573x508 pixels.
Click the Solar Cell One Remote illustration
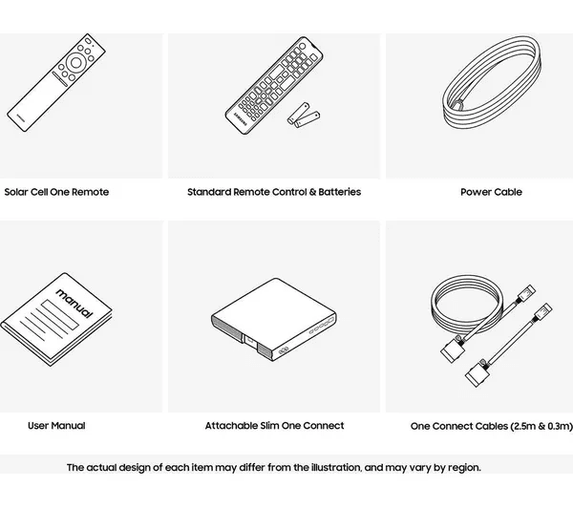(56, 82)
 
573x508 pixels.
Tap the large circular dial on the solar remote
(76, 63)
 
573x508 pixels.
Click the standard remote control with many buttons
(274, 86)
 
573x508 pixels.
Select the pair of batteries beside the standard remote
(304, 115)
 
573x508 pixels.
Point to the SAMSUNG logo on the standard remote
(241, 119)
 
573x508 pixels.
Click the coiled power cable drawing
(492, 81)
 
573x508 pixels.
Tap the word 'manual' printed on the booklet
(74, 303)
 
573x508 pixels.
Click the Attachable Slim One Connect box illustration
(274, 320)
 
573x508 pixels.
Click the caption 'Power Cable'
(491, 192)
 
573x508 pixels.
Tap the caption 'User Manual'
(56, 426)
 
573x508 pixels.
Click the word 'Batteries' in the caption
(339, 192)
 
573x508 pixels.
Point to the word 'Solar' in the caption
(16, 192)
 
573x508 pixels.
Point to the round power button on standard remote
(302, 46)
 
